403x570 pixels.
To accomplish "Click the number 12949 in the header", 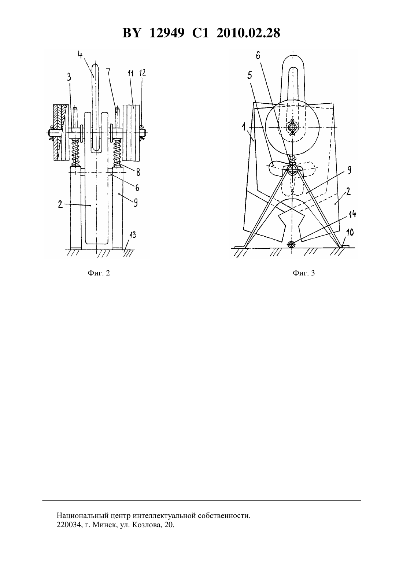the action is [166, 33].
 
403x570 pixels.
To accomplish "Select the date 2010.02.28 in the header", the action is [248, 33].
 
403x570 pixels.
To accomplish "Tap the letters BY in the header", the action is [131, 33].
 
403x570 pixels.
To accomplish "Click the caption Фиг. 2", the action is [99, 273].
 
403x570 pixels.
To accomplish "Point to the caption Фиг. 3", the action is [303, 273].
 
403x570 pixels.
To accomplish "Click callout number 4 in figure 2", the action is [80, 54].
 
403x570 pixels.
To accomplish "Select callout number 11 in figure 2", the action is [130, 74].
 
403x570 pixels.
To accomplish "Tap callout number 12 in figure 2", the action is [143, 73].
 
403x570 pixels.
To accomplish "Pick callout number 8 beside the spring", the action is [138, 172].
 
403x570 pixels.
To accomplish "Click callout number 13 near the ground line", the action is [133, 235].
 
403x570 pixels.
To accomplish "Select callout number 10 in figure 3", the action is [350, 232].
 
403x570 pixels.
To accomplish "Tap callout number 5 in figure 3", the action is [250, 75].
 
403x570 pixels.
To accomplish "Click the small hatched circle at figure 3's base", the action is [291, 245].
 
